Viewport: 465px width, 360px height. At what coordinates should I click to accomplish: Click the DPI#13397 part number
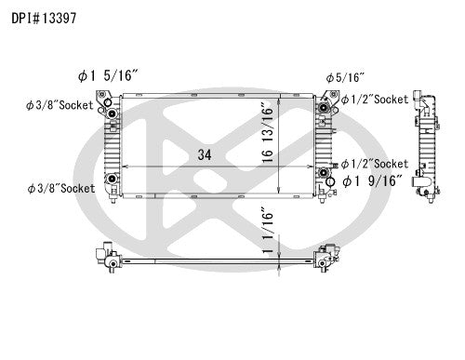click(x=44, y=19)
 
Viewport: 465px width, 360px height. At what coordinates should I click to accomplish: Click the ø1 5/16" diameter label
click(x=108, y=75)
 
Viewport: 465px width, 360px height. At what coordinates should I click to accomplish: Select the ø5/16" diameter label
click(x=345, y=77)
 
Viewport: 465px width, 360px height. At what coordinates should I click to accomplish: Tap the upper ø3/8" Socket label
click(x=60, y=105)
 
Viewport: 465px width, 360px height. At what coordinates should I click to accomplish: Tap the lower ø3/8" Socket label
click(x=61, y=188)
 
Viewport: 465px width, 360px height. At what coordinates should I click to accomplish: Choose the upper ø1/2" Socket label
click(x=375, y=100)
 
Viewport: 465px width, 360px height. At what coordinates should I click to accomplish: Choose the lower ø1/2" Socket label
click(x=375, y=164)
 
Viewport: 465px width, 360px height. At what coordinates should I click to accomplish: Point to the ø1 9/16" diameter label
click(x=372, y=180)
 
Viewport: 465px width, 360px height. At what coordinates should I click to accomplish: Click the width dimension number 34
click(x=205, y=154)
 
